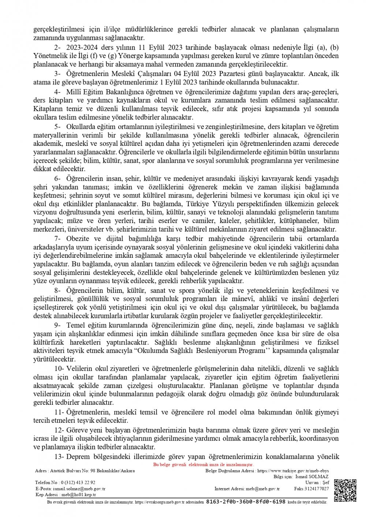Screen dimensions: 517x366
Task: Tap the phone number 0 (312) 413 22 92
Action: pyautogui.click(x=78, y=483)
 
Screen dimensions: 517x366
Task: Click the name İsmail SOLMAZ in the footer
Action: pyautogui.click(x=313, y=476)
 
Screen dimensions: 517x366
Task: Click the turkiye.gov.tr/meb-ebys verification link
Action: pyautogui.click(x=293, y=471)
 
